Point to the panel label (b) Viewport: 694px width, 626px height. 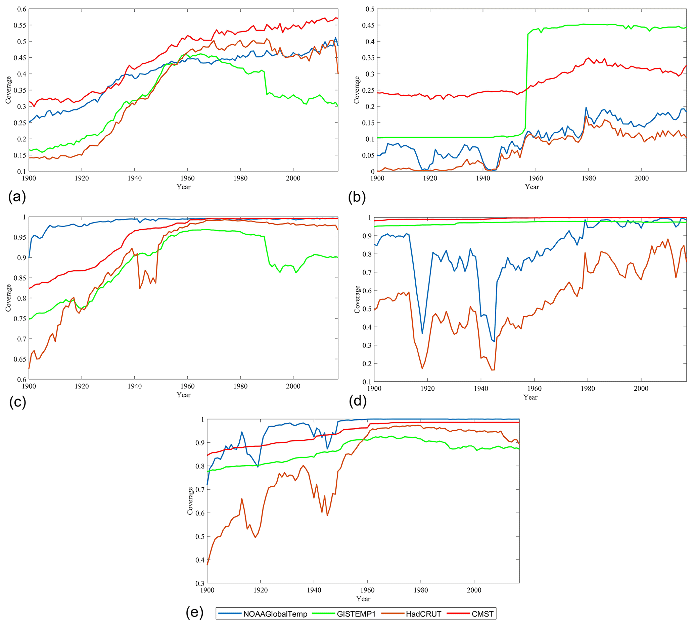[357, 197]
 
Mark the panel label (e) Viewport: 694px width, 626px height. [194, 612]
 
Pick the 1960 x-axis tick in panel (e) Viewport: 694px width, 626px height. [367, 590]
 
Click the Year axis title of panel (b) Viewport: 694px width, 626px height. [532, 187]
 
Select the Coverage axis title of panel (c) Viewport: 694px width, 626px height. [8, 298]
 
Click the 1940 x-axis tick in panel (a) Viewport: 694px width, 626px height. [135, 178]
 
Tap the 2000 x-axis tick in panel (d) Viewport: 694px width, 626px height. [641, 389]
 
